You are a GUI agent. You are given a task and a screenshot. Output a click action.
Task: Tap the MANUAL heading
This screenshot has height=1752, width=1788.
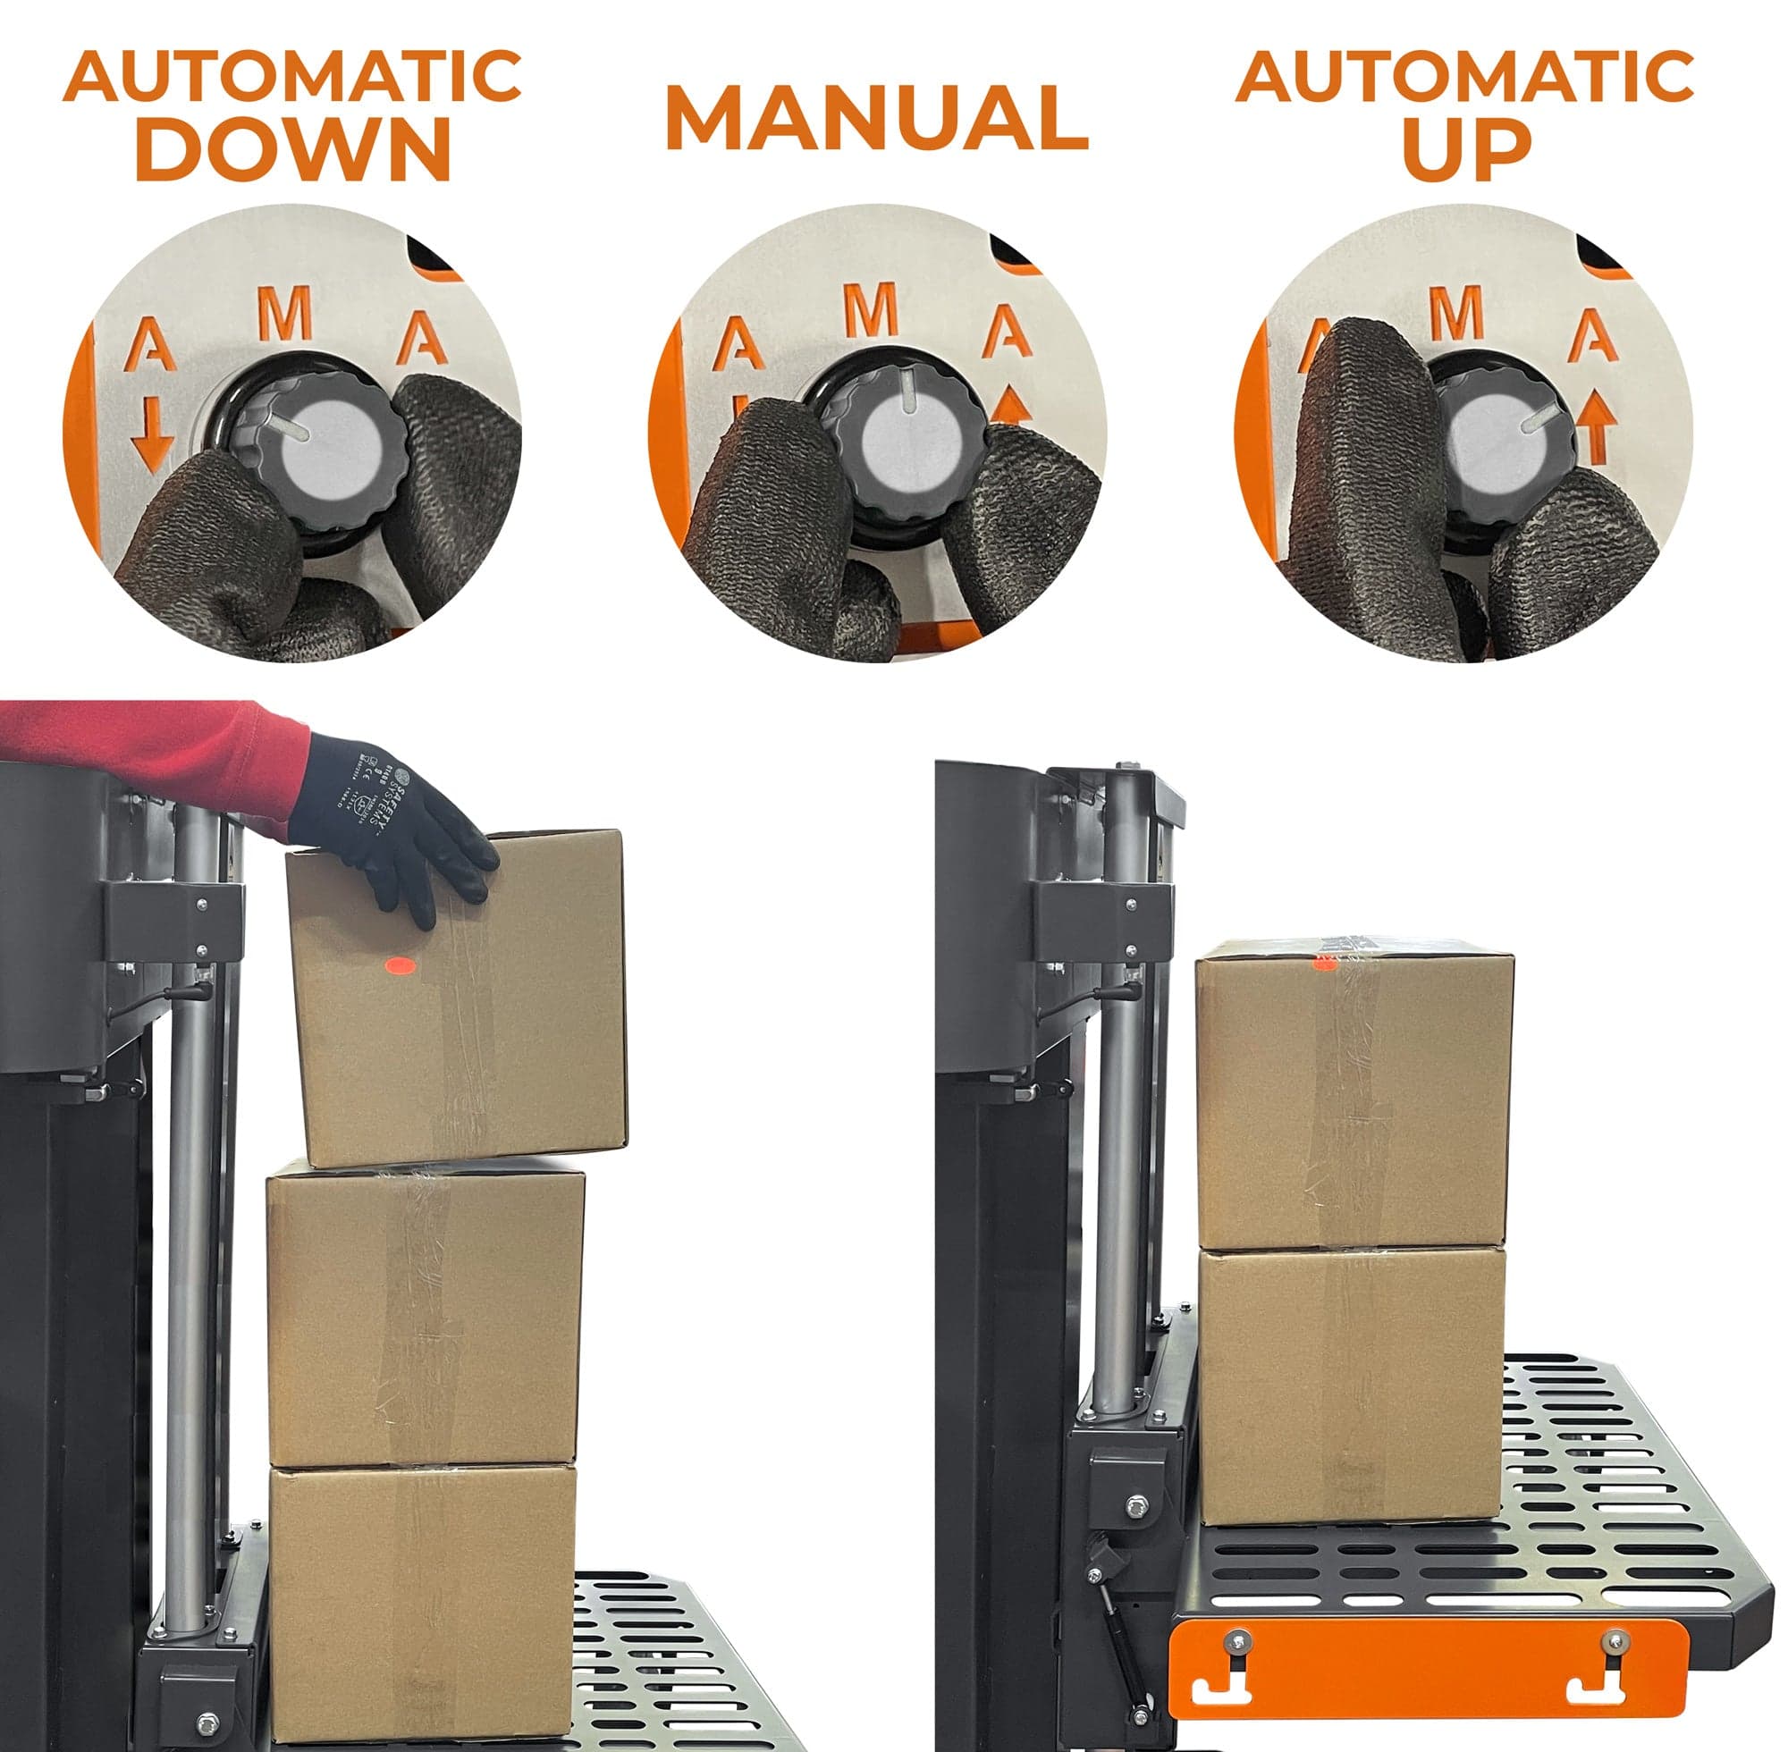point(876,117)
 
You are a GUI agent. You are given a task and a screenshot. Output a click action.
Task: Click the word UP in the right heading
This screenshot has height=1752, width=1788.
point(1466,149)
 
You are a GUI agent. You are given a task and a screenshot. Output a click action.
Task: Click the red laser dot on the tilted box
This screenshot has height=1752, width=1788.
point(400,965)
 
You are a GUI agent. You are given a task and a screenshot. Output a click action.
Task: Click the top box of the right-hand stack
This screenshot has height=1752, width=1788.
point(1353,1095)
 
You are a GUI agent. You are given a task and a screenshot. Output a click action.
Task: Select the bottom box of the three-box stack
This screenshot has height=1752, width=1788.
point(423,1601)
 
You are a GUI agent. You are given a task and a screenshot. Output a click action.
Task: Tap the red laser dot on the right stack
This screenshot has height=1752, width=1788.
point(1323,962)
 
